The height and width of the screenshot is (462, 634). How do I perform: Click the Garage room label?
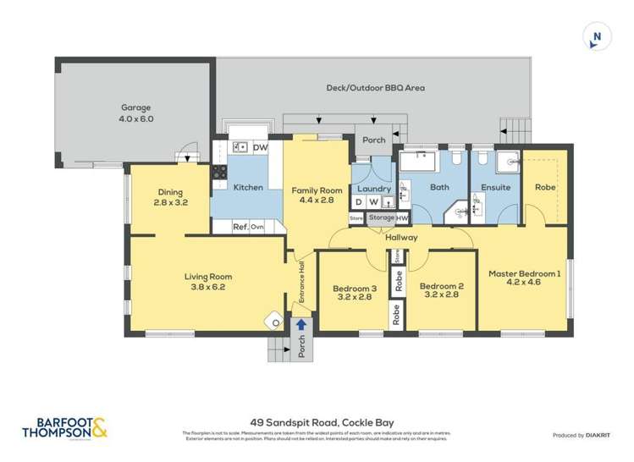[x=135, y=113]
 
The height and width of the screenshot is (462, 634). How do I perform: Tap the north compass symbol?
[x=597, y=36]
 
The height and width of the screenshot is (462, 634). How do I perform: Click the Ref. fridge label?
[x=240, y=227]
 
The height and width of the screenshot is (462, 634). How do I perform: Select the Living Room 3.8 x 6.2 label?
[x=208, y=282]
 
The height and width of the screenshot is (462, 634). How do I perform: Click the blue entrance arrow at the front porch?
[x=300, y=324]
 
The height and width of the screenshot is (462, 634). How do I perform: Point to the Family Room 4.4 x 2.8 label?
[x=317, y=195]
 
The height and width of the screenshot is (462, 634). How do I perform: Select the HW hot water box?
[x=402, y=218]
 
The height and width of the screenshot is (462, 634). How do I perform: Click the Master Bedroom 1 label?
[x=524, y=278]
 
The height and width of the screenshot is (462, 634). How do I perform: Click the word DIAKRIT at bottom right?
[x=600, y=435]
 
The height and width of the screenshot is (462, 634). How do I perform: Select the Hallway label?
[x=401, y=238]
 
